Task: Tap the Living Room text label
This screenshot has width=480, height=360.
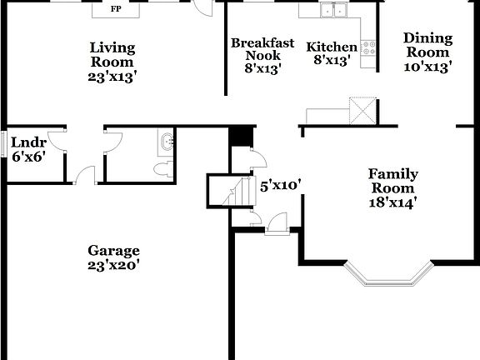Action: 112,54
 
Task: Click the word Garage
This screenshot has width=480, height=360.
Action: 115,251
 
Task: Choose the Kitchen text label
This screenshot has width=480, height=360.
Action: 332,47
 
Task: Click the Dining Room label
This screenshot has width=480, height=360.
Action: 427,45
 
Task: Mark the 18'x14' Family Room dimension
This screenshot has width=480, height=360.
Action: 392,201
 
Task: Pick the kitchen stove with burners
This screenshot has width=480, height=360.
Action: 370,48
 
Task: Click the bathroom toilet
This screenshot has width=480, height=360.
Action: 163,169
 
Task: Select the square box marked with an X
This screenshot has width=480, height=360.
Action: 363,110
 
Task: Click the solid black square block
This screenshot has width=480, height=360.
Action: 240,136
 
